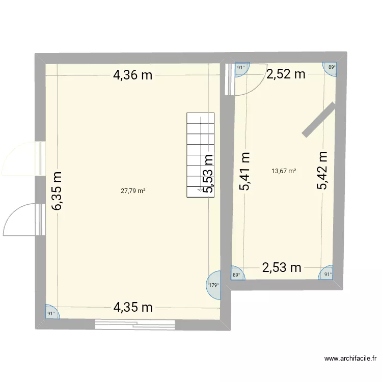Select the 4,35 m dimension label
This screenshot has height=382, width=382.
[133, 307]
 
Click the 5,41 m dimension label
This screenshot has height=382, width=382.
[245, 171]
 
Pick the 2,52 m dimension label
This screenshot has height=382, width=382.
[286, 74]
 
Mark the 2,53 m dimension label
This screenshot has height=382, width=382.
[282, 267]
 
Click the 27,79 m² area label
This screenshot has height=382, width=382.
[133, 191]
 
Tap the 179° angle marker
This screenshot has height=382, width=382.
[214, 285]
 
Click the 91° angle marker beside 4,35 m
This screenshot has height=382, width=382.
[51, 314]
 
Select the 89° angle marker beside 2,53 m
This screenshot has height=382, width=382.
[236, 274]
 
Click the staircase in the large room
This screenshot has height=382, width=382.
[201, 155]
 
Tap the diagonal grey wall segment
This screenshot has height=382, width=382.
[319, 119]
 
